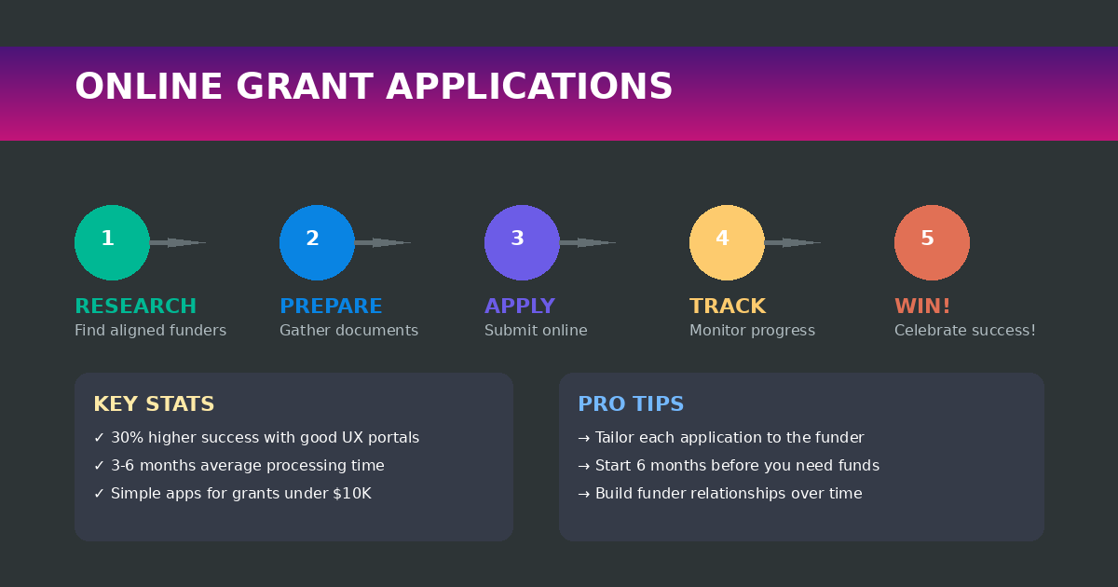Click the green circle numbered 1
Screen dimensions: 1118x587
point(112,242)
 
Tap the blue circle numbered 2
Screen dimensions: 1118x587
point(317,242)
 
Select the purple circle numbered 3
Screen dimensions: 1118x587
point(522,242)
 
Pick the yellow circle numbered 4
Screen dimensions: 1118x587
point(727,242)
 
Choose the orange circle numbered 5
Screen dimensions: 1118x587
point(932,242)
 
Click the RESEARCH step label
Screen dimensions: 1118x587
point(135,307)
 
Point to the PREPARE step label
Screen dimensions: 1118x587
point(331,307)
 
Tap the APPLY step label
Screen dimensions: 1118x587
point(519,307)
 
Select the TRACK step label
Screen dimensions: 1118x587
point(727,307)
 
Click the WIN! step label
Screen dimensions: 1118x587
point(922,307)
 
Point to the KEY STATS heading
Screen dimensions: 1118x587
point(154,404)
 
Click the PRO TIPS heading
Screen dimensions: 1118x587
point(631,404)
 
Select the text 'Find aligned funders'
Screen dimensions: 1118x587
point(150,331)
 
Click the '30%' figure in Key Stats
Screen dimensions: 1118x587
point(126,438)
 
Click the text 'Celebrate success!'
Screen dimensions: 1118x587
point(964,331)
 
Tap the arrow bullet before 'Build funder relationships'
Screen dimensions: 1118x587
point(584,494)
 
